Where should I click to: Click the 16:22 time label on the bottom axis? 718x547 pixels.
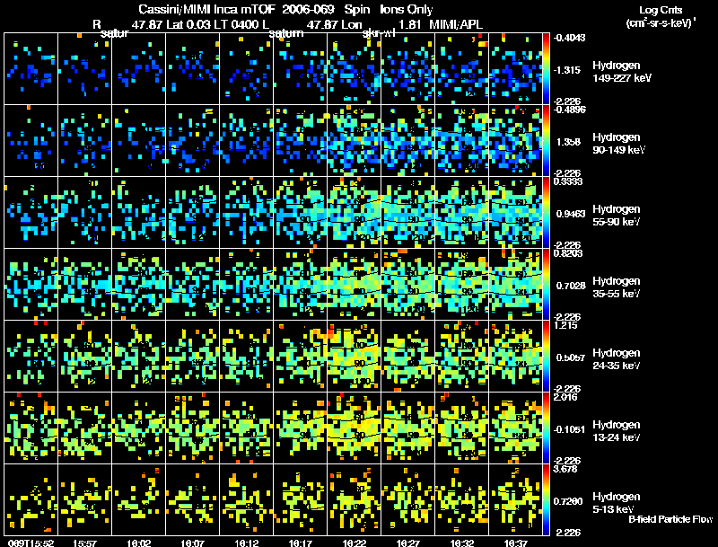(354, 543)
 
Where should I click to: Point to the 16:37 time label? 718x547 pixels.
(515, 543)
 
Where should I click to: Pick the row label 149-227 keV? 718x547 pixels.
(620, 78)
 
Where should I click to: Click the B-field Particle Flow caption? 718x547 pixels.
(670, 520)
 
